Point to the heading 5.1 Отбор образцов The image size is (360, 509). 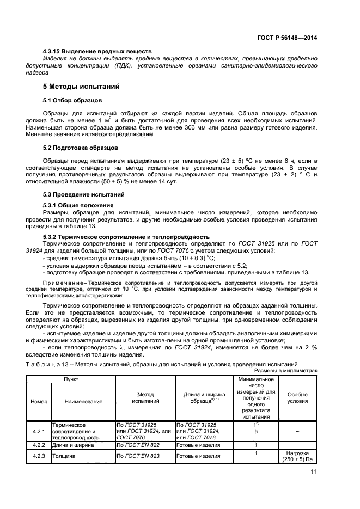(71, 100)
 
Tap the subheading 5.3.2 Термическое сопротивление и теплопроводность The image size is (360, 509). (126, 237)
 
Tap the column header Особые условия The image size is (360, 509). (297, 398)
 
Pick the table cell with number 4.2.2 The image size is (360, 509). (39, 445)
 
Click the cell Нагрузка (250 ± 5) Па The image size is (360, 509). (297, 456)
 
